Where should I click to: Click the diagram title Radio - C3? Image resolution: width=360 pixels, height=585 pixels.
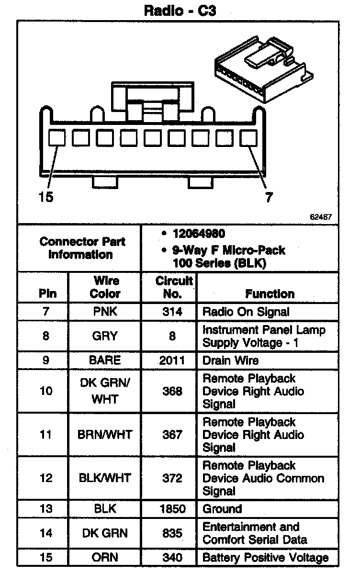pos(180,11)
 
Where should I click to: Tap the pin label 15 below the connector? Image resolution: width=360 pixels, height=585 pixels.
pos(46,197)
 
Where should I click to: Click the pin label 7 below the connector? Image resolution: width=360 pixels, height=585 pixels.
pos(269,197)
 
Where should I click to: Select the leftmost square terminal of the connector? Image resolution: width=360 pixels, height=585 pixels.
pos(57,138)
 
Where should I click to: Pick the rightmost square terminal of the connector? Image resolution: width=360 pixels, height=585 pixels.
pos(248,138)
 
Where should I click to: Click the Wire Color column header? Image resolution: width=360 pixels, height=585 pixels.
pos(105,287)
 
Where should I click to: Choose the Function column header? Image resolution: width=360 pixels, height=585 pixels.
pos(270,293)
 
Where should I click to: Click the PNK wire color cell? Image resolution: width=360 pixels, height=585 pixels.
pos(105,312)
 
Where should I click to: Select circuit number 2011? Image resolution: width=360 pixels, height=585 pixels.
pos(172,360)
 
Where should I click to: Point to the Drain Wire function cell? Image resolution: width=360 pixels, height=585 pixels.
pos(231,360)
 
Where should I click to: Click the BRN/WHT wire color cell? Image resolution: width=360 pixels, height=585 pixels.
pos(105,435)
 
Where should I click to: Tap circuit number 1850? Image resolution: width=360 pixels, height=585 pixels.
pos(172,509)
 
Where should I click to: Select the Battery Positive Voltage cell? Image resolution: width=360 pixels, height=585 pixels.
pos(266,558)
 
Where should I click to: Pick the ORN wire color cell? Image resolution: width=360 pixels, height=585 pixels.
pos(105,558)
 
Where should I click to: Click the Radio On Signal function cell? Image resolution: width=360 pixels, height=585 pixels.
pos(246,312)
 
